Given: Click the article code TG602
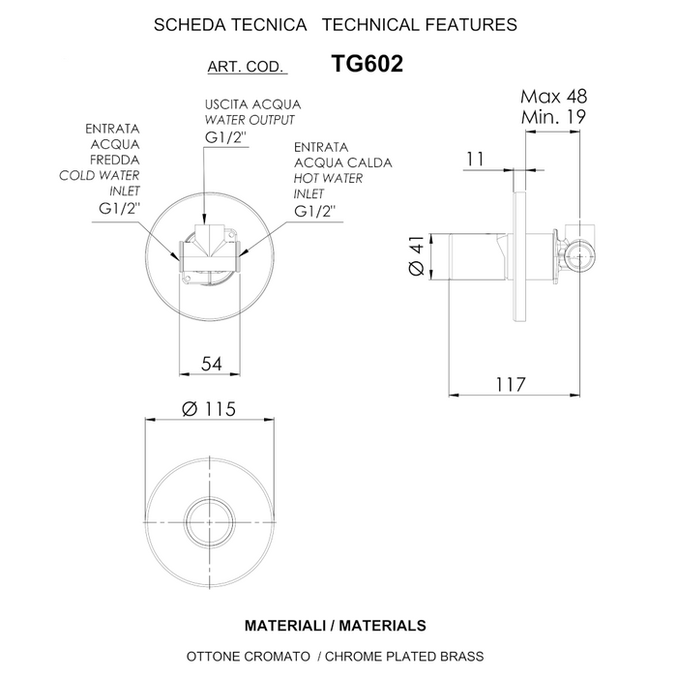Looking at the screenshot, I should click(367, 65).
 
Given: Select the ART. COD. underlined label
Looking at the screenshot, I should click(246, 68).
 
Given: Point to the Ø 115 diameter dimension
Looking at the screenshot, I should click(209, 409).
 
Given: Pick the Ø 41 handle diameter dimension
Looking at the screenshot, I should click(417, 259).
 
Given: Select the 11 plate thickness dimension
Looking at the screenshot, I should click(474, 159).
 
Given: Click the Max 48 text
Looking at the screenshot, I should click(553, 97).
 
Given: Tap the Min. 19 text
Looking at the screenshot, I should click(553, 116).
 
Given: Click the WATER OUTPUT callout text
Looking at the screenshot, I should click(250, 120).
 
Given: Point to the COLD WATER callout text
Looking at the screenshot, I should click(100, 175).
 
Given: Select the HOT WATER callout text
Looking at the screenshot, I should click(329, 178).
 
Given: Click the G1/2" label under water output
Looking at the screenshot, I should click(226, 138).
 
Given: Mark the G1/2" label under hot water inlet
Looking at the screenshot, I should click(314, 211).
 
